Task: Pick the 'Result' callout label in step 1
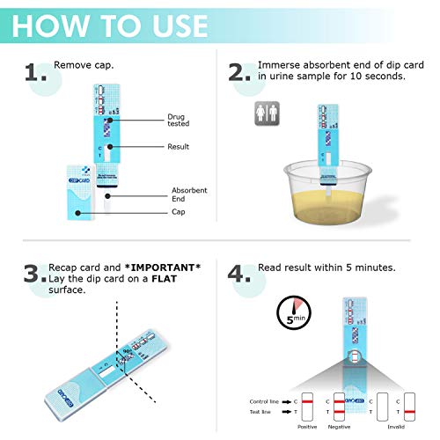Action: (179, 146)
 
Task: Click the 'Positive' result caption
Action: (305, 429)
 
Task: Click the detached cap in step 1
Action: (79, 189)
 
